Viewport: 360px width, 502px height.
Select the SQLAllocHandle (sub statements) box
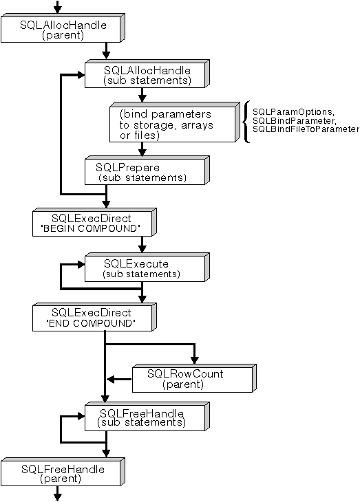point(146,74)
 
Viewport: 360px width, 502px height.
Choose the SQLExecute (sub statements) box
point(145,268)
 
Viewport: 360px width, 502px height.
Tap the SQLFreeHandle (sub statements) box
point(145,417)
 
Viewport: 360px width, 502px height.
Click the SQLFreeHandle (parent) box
point(62,473)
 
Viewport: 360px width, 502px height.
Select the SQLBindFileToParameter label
point(306,129)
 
